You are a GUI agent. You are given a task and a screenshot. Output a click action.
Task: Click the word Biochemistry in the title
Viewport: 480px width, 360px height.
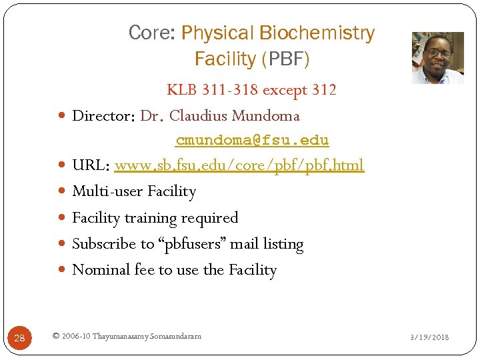point(317,33)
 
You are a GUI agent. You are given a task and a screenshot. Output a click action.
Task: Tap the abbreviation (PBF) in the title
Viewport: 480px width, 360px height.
point(285,59)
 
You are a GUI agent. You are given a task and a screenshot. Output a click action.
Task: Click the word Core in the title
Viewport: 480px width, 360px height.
point(151,33)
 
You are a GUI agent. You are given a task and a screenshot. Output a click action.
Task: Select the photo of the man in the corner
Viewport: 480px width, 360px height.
point(437,58)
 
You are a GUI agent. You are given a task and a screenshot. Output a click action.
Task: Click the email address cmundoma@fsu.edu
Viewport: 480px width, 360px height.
point(252,141)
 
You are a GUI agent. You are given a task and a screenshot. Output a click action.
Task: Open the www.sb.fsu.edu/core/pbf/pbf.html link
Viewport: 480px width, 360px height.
point(239,165)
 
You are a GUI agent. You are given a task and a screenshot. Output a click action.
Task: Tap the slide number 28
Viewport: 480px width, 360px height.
point(19,338)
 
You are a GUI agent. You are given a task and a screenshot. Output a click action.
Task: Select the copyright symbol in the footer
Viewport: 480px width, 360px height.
point(55,336)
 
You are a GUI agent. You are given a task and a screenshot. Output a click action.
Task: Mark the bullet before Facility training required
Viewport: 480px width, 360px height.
point(62,218)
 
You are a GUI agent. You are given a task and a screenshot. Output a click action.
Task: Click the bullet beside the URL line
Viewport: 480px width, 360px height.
point(62,165)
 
